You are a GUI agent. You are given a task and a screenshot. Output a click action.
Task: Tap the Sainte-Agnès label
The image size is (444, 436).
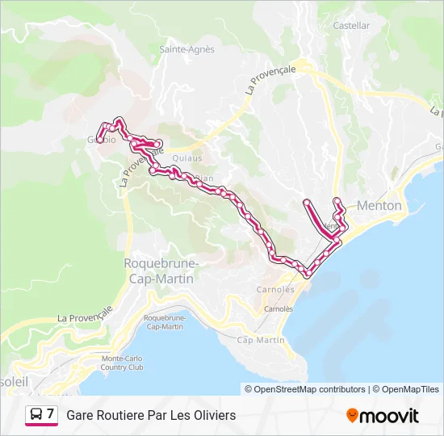pos(187,49)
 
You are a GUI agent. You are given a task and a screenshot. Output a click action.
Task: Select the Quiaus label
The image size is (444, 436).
pos(187,158)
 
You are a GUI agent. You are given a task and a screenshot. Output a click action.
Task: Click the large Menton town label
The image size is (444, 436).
pos(379,206)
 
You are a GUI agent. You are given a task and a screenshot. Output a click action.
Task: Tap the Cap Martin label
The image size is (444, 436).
pos(262,341)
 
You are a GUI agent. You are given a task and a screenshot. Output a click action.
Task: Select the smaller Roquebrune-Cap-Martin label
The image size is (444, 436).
pos(164,322)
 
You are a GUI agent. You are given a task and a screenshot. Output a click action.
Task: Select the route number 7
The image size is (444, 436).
pos(51,414)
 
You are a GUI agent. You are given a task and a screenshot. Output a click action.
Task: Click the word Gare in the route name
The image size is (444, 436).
pos(80,415)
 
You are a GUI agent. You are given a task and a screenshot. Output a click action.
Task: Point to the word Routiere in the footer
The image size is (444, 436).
pos(121,415)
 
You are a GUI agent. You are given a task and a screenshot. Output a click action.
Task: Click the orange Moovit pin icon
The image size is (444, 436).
pos(351,416)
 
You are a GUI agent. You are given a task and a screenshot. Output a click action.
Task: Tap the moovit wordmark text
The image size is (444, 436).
pos(390,416)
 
